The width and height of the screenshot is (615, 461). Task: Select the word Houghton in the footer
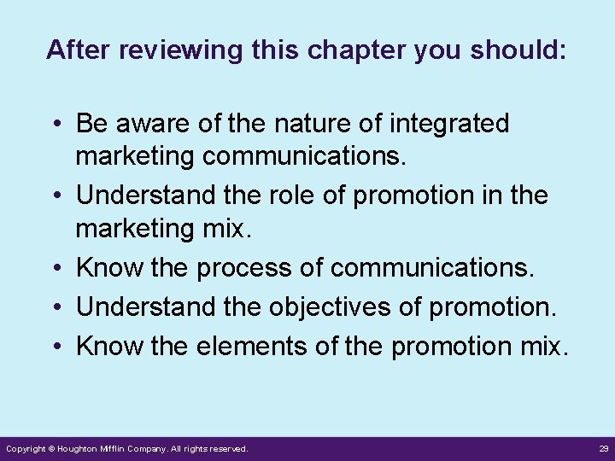coord(80,448)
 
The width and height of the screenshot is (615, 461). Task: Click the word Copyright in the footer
coord(26,448)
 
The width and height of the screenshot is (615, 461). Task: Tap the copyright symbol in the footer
coord(51,448)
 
